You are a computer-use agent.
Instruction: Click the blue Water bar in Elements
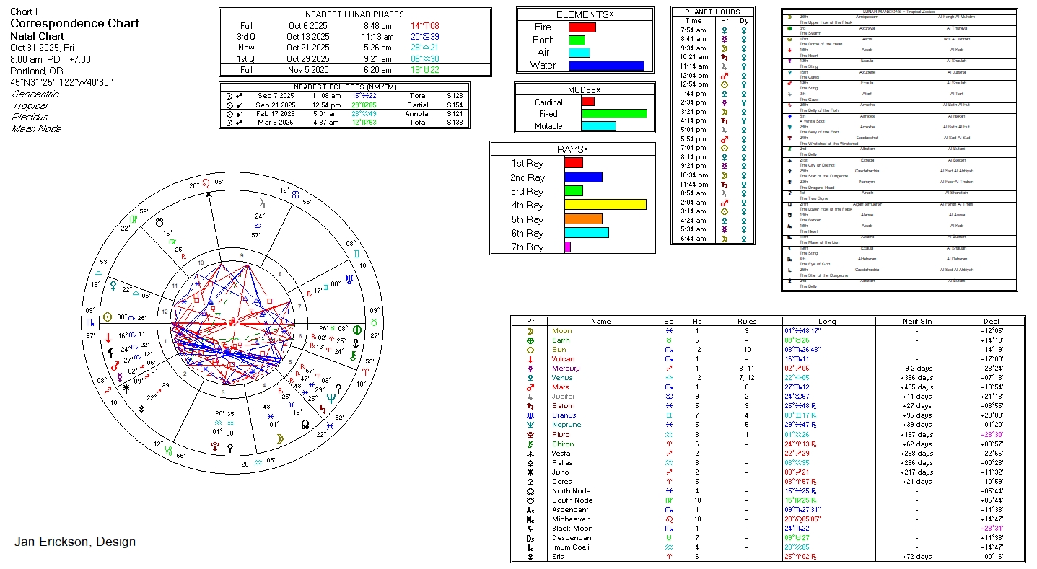(606, 65)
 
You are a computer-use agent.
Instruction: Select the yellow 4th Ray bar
(605, 205)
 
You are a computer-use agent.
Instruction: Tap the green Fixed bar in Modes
(613, 113)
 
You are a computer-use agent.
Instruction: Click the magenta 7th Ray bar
(567, 247)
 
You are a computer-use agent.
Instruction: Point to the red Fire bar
(582, 27)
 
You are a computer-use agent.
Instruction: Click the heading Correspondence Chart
(74, 23)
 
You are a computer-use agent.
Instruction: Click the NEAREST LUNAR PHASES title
(354, 14)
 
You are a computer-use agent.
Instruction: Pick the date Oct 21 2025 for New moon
(307, 48)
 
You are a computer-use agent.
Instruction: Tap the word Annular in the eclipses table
(417, 114)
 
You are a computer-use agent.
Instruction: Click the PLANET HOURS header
(712, 12)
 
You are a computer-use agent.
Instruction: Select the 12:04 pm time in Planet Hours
(693, 75)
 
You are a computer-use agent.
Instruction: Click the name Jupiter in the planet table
(564, 397)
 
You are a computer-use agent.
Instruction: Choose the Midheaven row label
(571, 519)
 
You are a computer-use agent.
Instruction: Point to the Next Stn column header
(917, 322)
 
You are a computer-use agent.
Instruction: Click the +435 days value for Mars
(917, 387)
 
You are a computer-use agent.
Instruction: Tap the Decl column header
(992, 322)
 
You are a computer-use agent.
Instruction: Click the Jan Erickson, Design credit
(75, 542)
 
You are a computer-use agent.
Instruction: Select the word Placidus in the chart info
(30, 117)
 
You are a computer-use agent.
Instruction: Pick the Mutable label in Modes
(548, 126)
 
